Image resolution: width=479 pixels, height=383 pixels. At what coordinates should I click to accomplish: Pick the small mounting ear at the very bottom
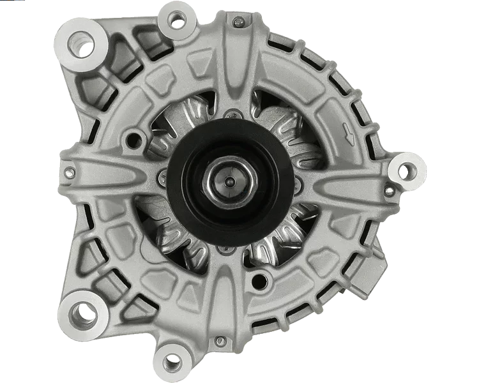[171, 362]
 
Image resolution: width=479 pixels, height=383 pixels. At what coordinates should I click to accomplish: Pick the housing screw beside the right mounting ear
[389, 191]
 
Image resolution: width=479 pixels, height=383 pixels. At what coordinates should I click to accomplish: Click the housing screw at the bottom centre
[220, 342]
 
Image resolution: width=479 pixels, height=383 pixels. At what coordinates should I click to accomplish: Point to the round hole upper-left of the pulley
[133, 136]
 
